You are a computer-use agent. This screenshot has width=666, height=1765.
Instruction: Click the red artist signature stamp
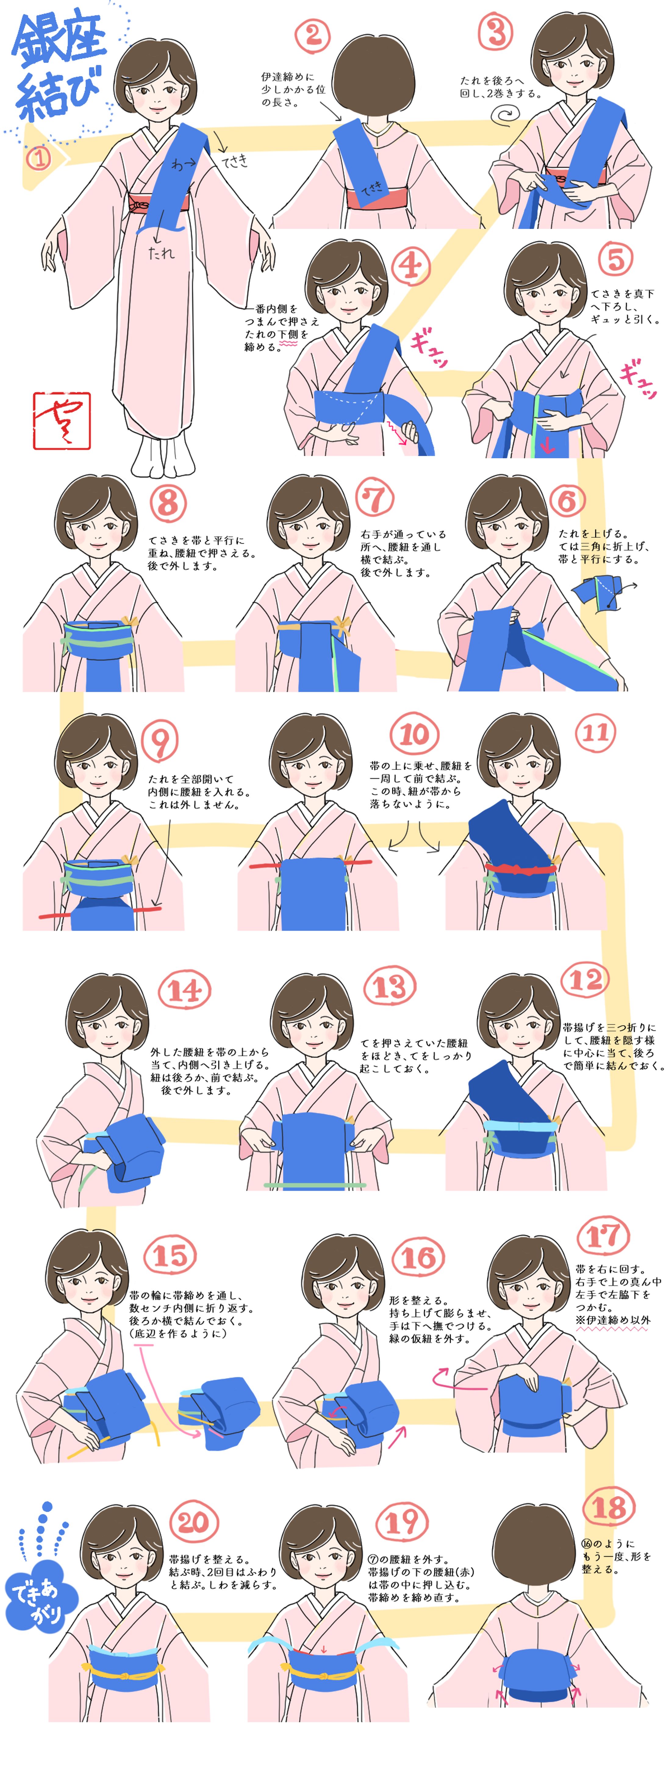click(62, 421)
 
